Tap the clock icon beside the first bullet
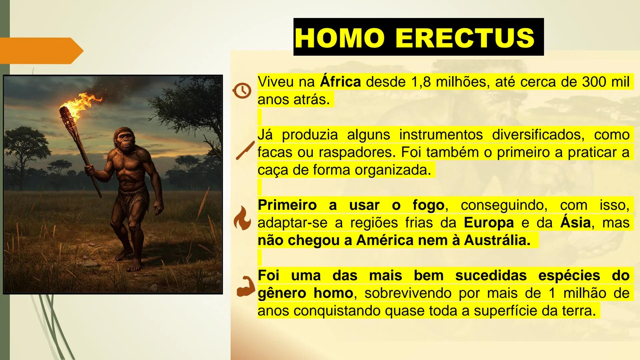pyautogui.click(x=242, y=90)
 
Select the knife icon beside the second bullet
pyautogui.click(x=245, y=150)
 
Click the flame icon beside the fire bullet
pyautogui.click(x=242, y=218)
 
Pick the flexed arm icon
pyautogui.click(x=245, y=286)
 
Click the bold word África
pyautogui.click(x=340, y=82)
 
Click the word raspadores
pyautogui.click(x=357, y=152)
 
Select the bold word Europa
pyautogui.click(x=488, y=223)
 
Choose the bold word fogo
pyautogui.click(x=428, y=205)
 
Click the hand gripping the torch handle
pyautogui.click(x=90, y=169)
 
